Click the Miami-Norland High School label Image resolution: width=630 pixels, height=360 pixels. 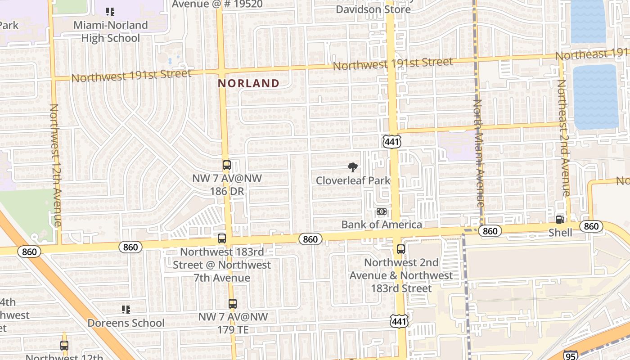[x=111, y=31]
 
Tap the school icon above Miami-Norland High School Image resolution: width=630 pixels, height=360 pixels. [x=110, y=12]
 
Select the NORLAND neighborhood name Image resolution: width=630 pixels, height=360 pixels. [x=248, y=83]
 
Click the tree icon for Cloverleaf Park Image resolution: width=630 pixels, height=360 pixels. [x=353, y=167]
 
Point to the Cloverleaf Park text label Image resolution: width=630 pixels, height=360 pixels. [x=353, y=180]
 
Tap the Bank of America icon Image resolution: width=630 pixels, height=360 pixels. [x=381, y=211]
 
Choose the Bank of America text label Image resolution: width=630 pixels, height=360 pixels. [x=382, y=224]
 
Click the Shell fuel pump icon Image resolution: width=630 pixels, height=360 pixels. [x=560, y=219]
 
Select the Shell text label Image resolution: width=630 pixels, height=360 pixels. [x=560, y=233]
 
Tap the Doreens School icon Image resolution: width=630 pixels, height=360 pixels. [x=126, y=310]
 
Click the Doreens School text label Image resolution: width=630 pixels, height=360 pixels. [x=126, y=323]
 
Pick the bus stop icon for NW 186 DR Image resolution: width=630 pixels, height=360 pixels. [x=226, y=165]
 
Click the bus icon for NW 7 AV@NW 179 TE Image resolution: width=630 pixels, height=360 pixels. [x=232, y=304]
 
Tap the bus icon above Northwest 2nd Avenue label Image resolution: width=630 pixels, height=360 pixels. [x=400, y=249]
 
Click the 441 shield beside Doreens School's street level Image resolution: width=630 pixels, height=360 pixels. [x=399, y=321]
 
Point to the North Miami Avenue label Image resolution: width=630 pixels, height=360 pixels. [x=478, y=153]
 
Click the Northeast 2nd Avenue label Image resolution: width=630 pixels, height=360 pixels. [x=563, y=138]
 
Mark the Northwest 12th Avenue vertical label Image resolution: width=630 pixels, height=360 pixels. [x=55, y=165]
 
